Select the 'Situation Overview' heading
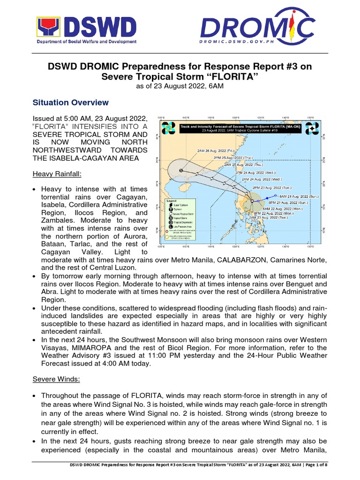[x=70, y=103]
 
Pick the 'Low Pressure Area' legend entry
[x=181, y=226]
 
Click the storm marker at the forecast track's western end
[x=181, y=171]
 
